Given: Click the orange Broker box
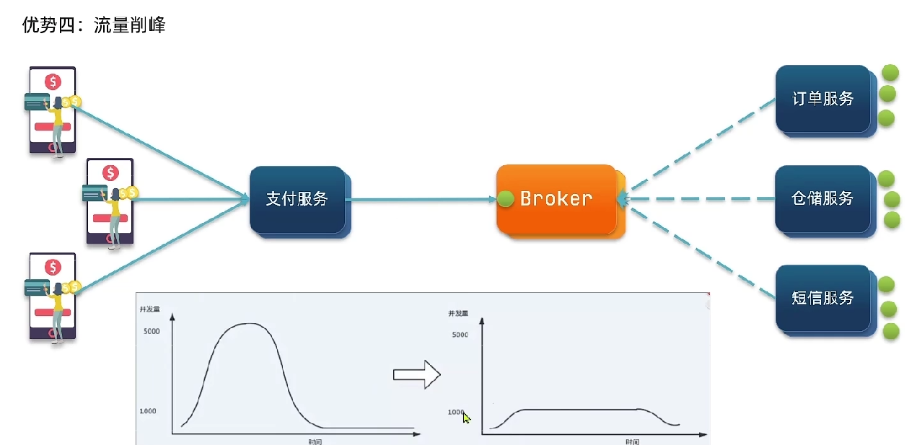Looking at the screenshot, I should (556, 198).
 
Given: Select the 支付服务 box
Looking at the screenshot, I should (297, 199).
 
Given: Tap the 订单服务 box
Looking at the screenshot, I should (822, 99).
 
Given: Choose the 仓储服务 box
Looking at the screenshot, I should (822, 198).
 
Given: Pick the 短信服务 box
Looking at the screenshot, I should (822, 298).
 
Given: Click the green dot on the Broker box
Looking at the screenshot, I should (505, 198).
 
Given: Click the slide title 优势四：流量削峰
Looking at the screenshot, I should (94, 26).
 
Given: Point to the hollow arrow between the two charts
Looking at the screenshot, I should (416, 374).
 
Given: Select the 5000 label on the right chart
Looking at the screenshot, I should (460, 335).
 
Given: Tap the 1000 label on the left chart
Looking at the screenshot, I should (147, 411).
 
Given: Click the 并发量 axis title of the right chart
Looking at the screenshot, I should (457, 313).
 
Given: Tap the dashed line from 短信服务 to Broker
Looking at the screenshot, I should (696, 249).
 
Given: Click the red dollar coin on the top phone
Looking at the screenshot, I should (53, 81).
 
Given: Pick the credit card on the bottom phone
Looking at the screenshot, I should (36, 287).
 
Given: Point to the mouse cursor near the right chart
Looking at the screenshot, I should (466, 418).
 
